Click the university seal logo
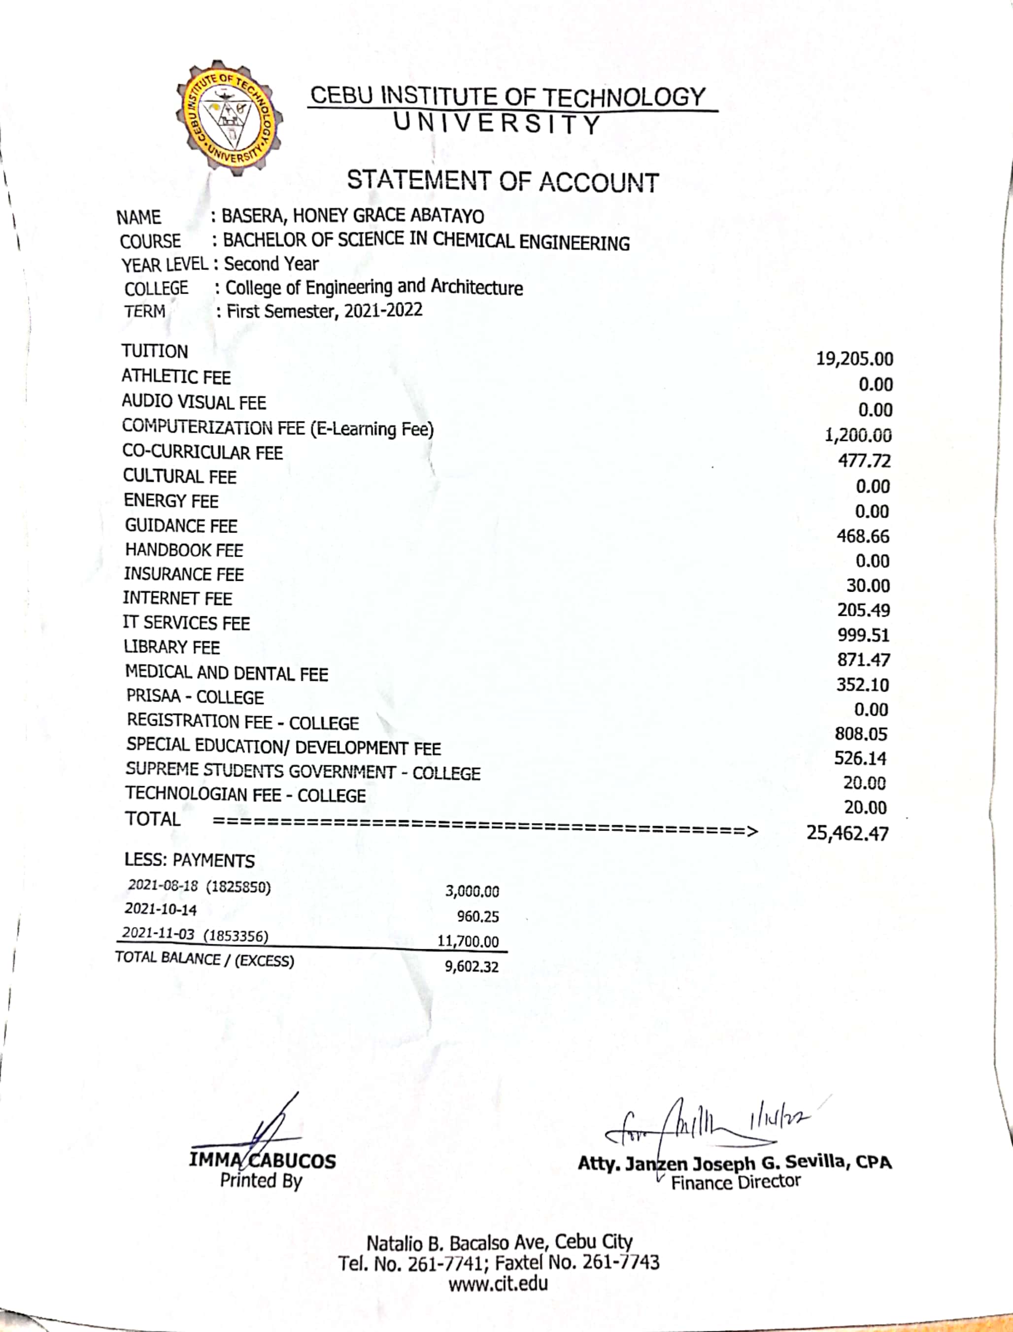click(230, 118)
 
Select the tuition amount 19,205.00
click(854, 359)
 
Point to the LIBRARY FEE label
click(172, 647)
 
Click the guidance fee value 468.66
click(863, 536)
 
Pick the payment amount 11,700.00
click(468, 941)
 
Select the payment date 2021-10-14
click(161, 909)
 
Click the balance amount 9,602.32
click(472, 967)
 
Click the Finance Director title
click(736, 1182)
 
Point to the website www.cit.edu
click(498, 1283)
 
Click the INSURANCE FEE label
click(184, 574)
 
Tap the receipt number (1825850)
click(238, 887)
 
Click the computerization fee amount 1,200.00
click(858, 435)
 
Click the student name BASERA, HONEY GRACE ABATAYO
click(353, 215)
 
